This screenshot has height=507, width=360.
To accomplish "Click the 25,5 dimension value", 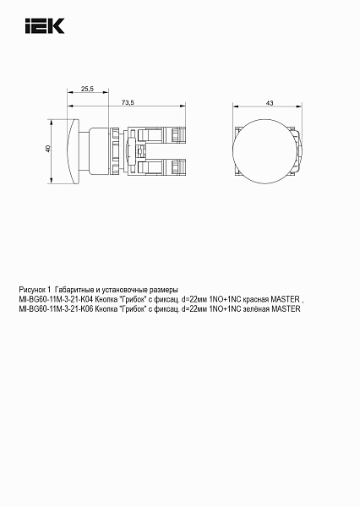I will click(87, 88).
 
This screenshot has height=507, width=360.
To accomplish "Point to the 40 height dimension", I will click(47, 150).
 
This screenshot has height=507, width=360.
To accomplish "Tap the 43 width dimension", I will click(269, 102).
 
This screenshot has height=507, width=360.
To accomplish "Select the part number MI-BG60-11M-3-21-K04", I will click(56, 299).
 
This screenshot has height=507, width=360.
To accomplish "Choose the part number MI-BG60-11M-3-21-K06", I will click(56, 309).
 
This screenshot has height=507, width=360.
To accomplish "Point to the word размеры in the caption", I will click(161, 289).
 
